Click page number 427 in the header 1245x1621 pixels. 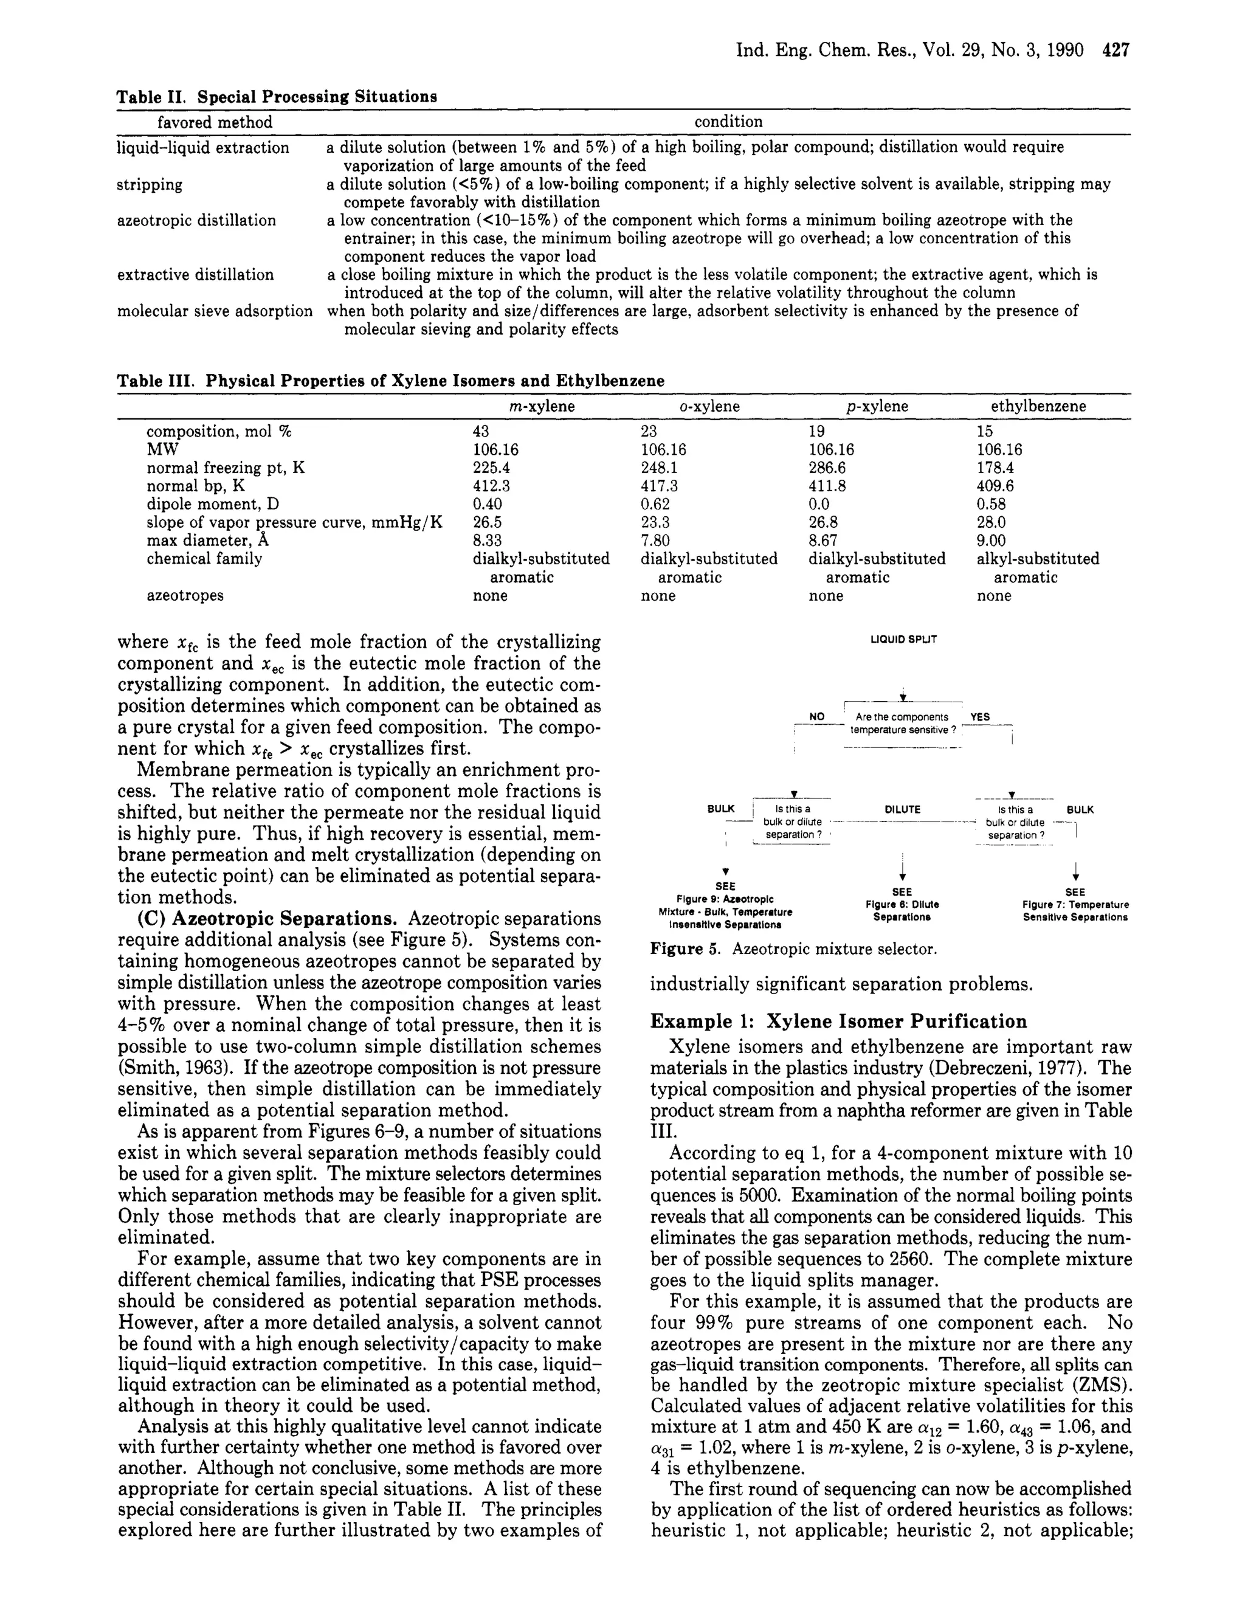point(1116,50)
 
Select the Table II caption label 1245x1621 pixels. point(146,97)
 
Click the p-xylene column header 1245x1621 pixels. point(877,406)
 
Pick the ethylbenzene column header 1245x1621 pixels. point(1038,406)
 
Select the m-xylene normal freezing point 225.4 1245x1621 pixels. point(491,468)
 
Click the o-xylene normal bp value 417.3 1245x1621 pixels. point(659,486)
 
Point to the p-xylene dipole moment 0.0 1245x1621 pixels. point(819,505)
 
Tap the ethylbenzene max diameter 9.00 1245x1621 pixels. point(991,541)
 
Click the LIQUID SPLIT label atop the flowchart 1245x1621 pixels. point(903,639)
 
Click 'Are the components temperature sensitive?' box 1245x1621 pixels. point(902,724)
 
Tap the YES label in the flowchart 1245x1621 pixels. point(980,717)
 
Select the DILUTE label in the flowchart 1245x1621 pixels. point(902,809)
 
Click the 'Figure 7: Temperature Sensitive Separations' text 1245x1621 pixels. point(1075,910)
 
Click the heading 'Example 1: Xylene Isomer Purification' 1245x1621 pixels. point(838,1021)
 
